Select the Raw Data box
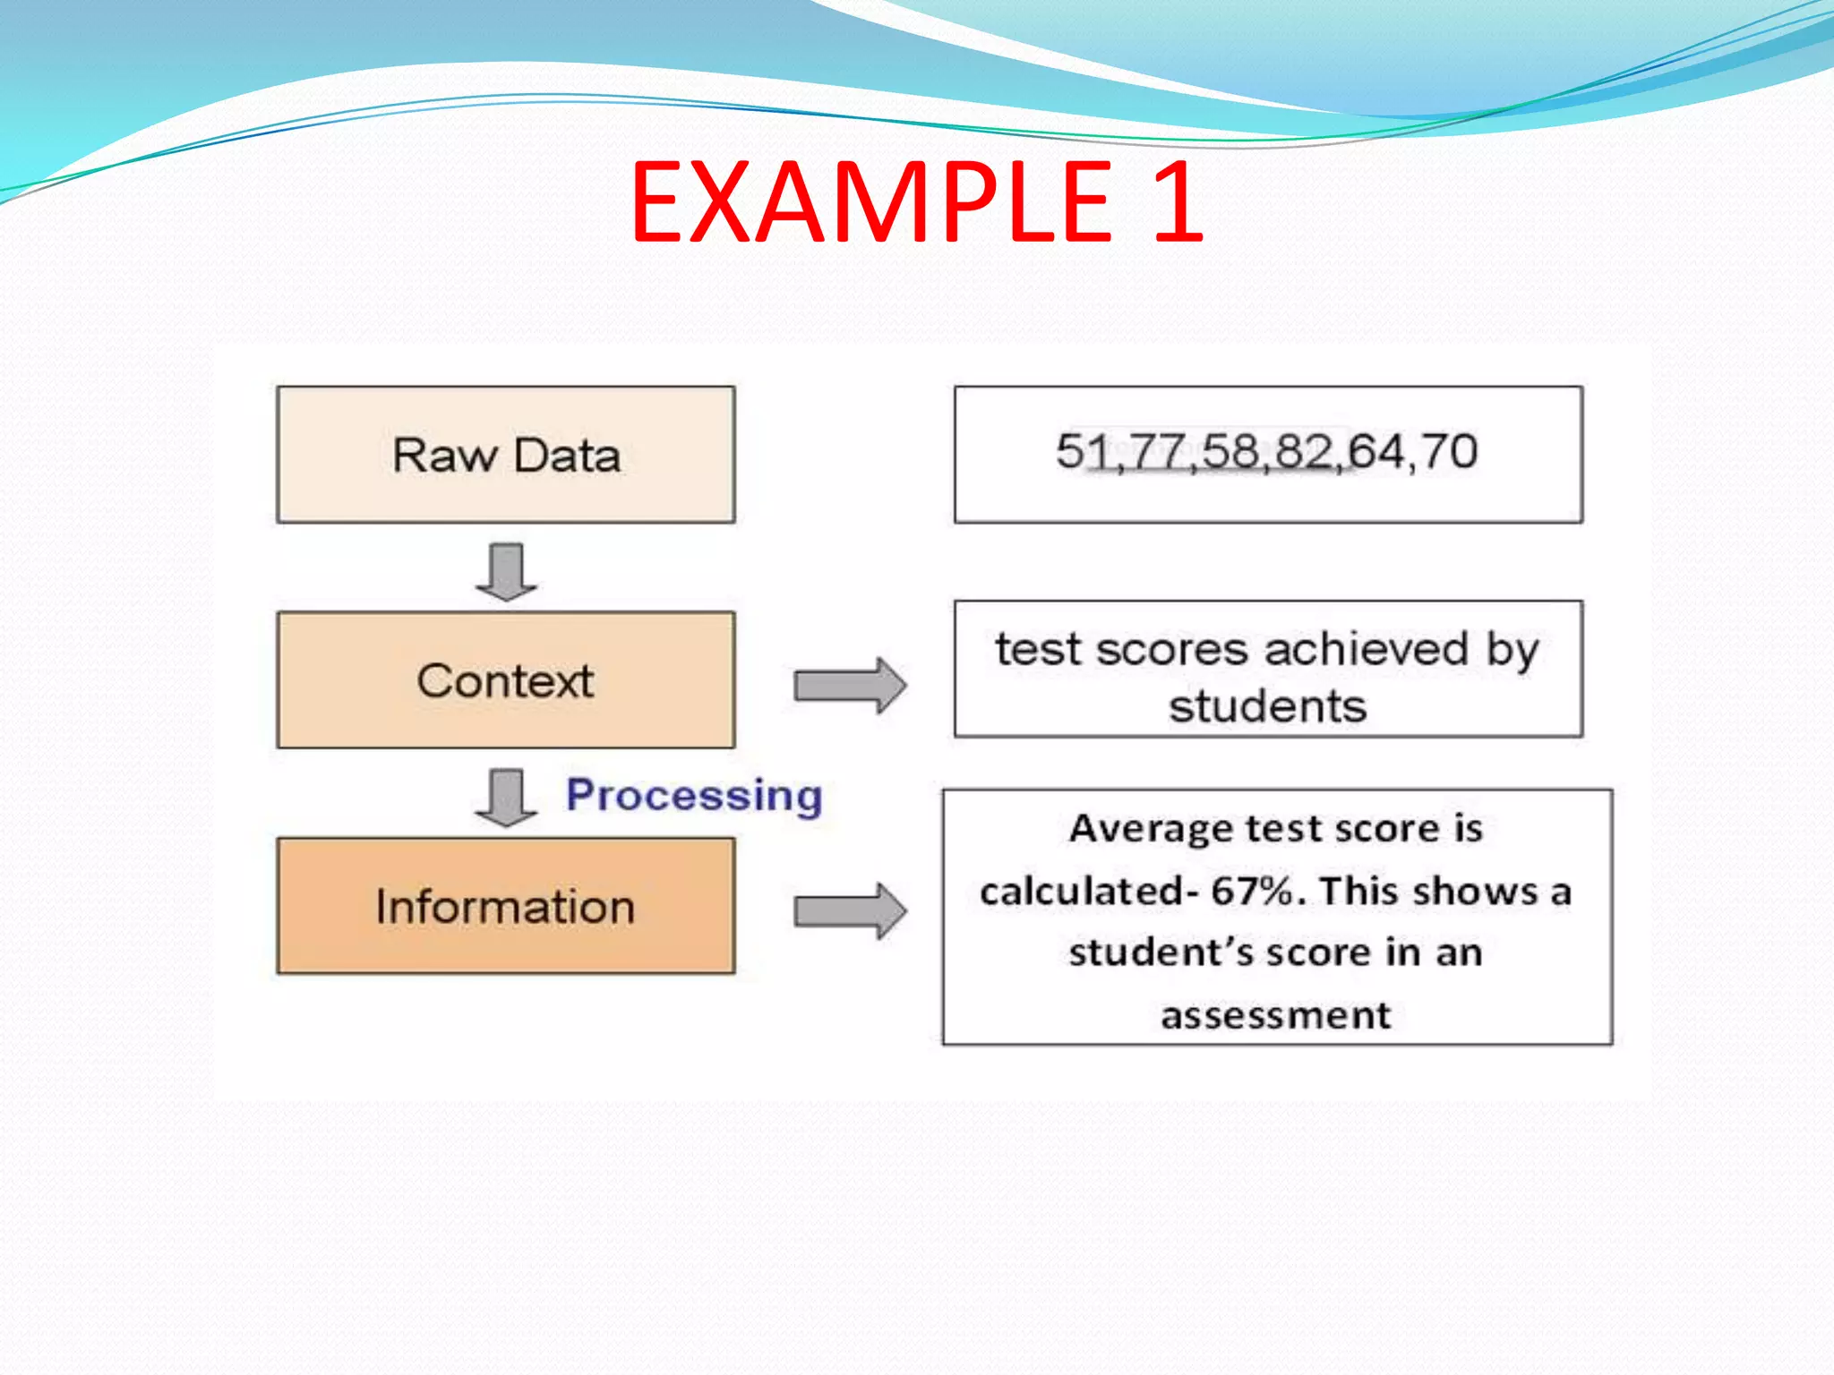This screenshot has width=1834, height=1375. (506, 455)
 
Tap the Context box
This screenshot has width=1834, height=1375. (506, 680)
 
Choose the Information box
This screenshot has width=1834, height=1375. (506, 906)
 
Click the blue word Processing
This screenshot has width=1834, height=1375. (694, 795)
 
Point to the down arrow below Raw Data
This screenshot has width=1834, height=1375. (507, 571)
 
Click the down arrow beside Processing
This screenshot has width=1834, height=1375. (507, 797)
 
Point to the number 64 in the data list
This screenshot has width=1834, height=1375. (1375, 451)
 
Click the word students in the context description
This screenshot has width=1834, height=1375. (1267, 706)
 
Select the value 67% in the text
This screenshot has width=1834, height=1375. (1252, 891)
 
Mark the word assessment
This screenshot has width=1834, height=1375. (1276, 1015)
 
